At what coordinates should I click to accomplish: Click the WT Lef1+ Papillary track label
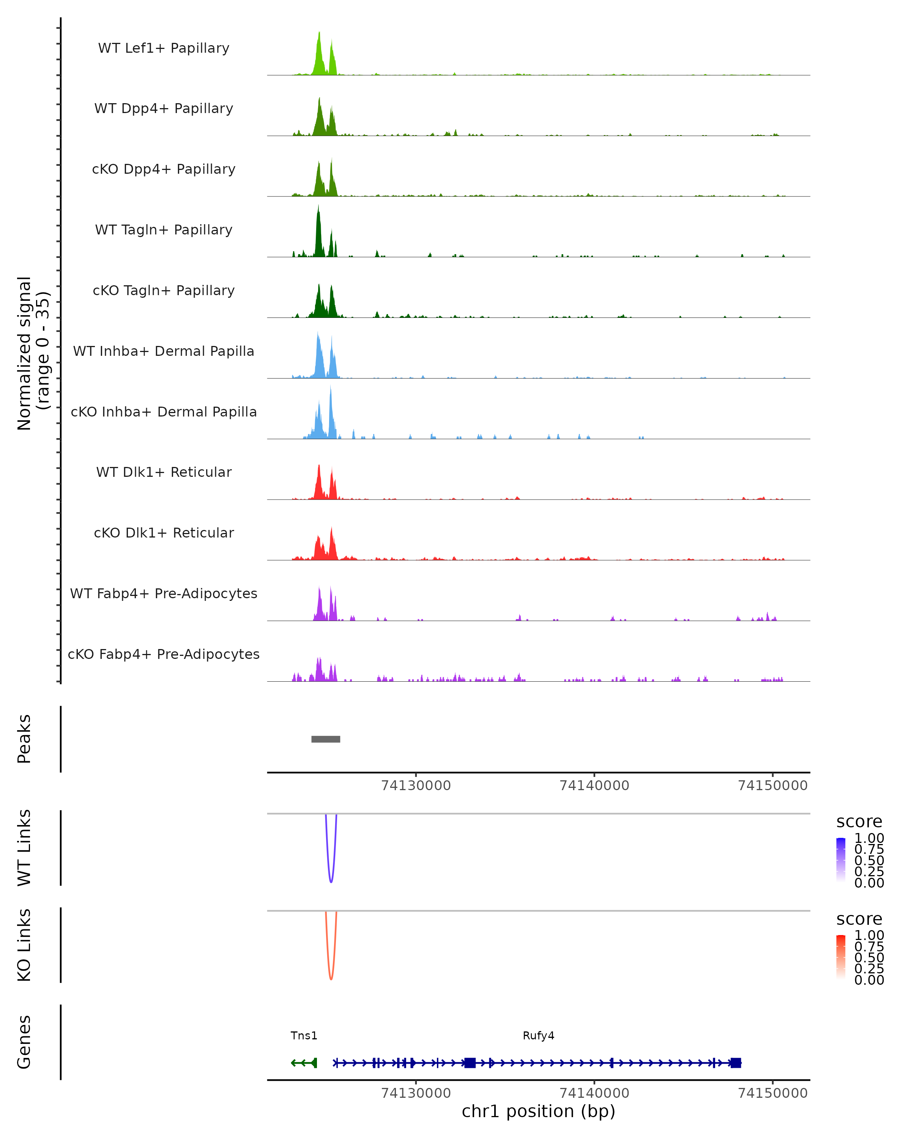click(x=164, y=48)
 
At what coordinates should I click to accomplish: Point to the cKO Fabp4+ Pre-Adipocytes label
click(x=164, y=654)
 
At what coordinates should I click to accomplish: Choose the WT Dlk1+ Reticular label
click(x=164, y=472)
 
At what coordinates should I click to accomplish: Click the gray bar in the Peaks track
click(x=325, y=739)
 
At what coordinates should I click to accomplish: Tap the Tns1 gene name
click(x=304, y=1036)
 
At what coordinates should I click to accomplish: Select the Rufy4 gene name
click(x=538, y=1036)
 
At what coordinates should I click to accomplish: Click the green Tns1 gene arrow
click(x=304, y=1063)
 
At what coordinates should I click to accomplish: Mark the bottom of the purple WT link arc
click(x=331, y=882)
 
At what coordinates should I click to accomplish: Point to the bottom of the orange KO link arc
click(x=331, y=979)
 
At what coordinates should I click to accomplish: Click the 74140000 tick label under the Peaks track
click(x=594, y=786)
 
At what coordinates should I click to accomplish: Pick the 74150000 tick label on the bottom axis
click(x=772, y=1093)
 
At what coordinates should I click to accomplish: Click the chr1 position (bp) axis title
click(x=538, y=1111)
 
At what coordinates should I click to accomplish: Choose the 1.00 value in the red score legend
click(x=869, y=935)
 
